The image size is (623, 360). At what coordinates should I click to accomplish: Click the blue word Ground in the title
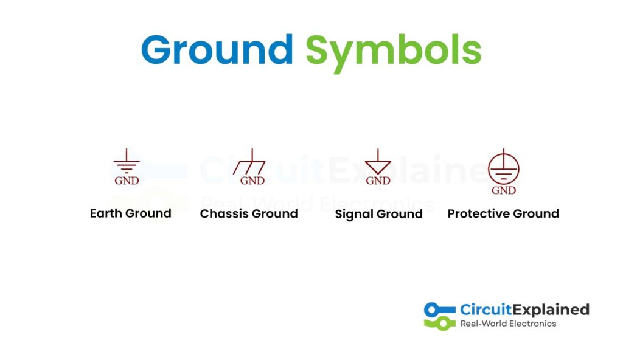217,50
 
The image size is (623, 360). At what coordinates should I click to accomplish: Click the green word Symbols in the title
394,53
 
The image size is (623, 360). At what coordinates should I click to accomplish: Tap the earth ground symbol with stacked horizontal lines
127,161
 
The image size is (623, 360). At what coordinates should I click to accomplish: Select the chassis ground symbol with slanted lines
249,161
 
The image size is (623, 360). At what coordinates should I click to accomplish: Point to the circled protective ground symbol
503,167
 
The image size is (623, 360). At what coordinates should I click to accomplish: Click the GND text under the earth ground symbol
127,181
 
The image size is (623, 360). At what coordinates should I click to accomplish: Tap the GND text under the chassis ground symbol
252,181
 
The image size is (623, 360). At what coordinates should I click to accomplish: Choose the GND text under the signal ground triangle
378,181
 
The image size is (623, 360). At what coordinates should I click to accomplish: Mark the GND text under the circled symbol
503,190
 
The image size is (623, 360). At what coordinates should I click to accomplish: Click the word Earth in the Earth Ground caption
106,213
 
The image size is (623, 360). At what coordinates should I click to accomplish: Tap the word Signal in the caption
354,215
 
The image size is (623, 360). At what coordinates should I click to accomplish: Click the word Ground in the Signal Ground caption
399,214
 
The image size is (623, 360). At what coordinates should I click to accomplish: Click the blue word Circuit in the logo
486,310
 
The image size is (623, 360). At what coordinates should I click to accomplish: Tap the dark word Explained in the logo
551,310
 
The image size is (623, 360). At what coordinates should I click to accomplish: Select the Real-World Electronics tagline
508,324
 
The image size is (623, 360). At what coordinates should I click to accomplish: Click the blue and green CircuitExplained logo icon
439,316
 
